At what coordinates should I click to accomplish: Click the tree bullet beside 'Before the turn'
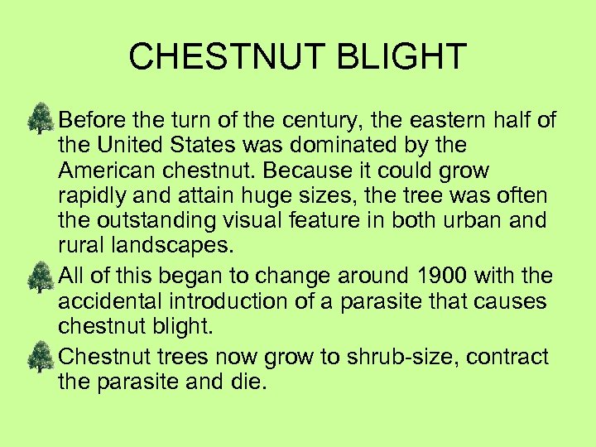[40, 119]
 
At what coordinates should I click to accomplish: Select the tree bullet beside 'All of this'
[40, 277]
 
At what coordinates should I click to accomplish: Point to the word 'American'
[100, 171]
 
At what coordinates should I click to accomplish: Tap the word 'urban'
[483, 222]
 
